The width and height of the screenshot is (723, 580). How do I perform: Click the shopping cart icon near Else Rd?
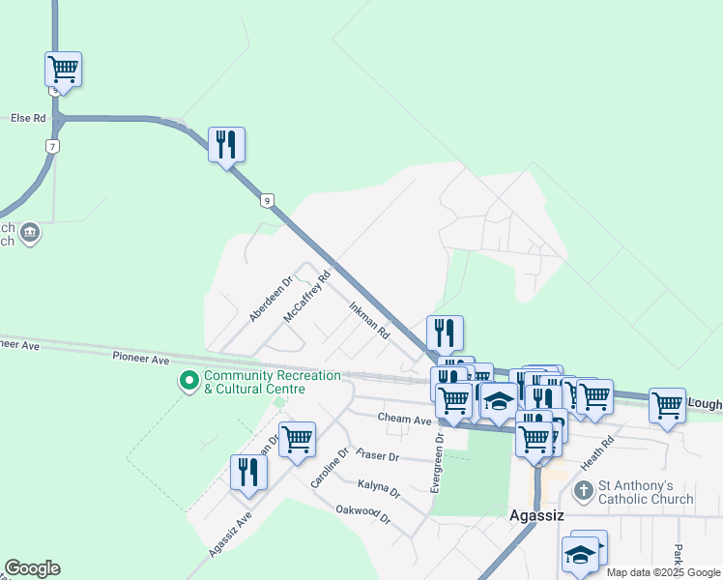[63, 70]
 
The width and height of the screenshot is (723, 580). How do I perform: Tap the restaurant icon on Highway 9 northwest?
[226, 145]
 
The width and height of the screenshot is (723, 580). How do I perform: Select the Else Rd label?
[28, 118]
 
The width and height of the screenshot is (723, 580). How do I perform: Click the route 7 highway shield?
[53, 146]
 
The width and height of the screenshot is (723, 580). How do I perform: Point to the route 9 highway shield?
[266, 200]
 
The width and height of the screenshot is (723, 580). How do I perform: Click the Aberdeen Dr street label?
[270, 299]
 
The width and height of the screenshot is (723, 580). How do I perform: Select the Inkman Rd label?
[368, 319]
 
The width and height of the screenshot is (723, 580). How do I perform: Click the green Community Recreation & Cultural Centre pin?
[188, 381]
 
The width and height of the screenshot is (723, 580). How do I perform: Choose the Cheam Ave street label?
[404, 420]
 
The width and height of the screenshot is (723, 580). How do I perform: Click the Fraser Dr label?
[377, 454]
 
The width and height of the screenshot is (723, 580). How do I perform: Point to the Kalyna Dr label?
[378, 488]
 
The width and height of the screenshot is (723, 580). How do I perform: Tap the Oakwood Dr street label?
[362, 514]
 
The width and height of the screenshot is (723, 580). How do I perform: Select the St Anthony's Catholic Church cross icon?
[583, 491]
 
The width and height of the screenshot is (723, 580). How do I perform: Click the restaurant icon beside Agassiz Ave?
[248, 472]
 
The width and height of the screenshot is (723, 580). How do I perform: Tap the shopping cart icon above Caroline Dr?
[297, 439]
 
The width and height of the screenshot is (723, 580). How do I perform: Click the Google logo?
[32, 568]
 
